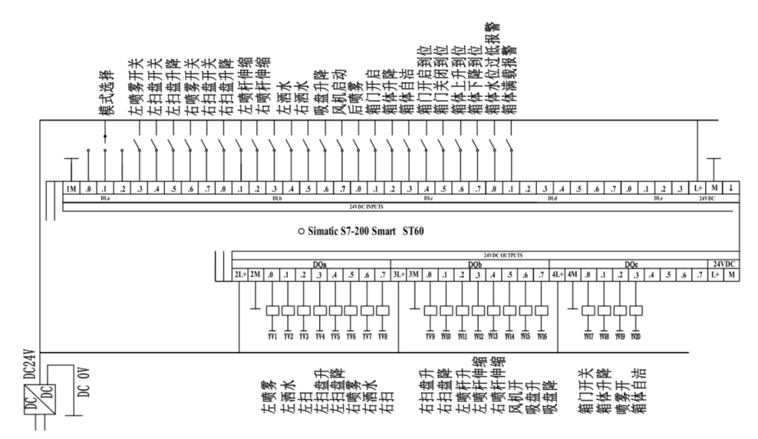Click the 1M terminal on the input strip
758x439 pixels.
pyautogui.click(x=71, y=189)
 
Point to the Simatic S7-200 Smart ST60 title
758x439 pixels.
pyautogui.click(x=363, y=230)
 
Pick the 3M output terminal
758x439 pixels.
pyautogui.click(x=413, y=275)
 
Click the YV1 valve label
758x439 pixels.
pyautogui.click(x=272, y=336)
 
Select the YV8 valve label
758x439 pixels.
pyautogui.click(x=383, y=336)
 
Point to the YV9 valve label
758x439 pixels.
pyautogui.click(x=430, y=336)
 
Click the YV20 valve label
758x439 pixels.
pyautogui.click(x=636, y=336)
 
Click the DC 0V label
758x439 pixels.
pyautogui.click(x=82, y=383)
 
